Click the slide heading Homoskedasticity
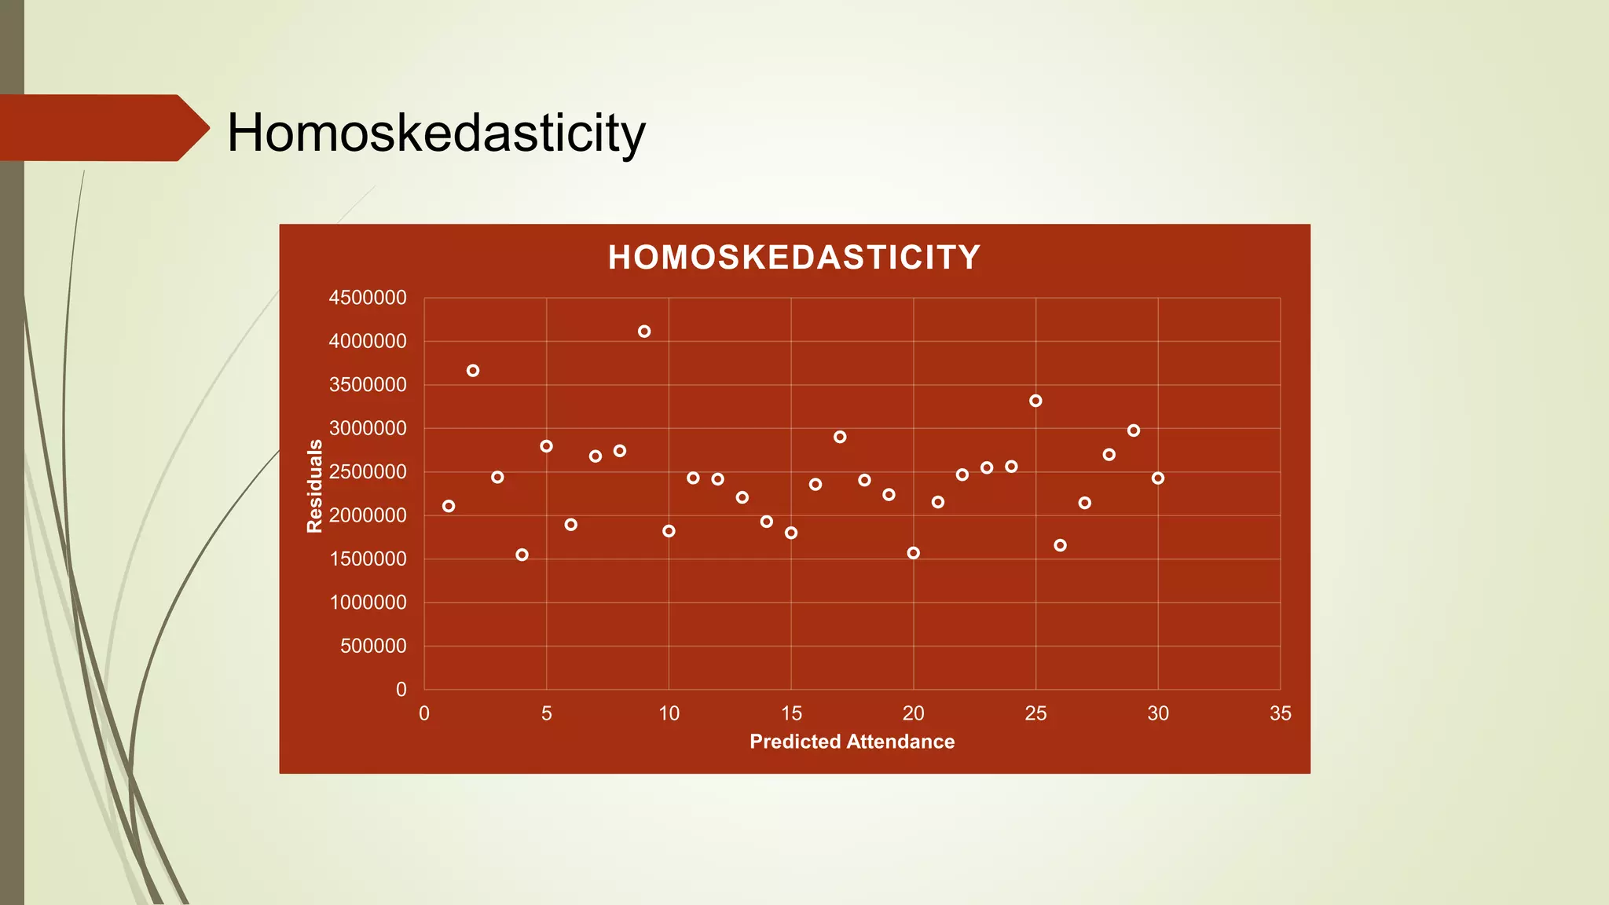coord(436,133)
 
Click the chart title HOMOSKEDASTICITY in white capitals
coord(794,258)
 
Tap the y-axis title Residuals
coord(314,486)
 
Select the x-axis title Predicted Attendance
coord(852,742)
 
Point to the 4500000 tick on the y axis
coord(368,298)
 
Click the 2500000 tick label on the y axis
coord(368,472)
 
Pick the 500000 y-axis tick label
coord(373,646)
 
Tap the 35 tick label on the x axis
coord(1280,713)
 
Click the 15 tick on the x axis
coord(791,713)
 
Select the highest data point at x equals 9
coord(644,332)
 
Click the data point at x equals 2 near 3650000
coord(473,371)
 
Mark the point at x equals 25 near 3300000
coord(1035,401)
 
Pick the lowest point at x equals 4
coord(522,555)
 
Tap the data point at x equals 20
coord(913,553)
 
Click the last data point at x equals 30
coord(1158,478)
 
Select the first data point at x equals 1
coord(449,506)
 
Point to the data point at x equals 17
coord(840,437)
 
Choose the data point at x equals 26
coord(1060,545)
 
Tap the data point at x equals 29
coord(1134,431)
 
